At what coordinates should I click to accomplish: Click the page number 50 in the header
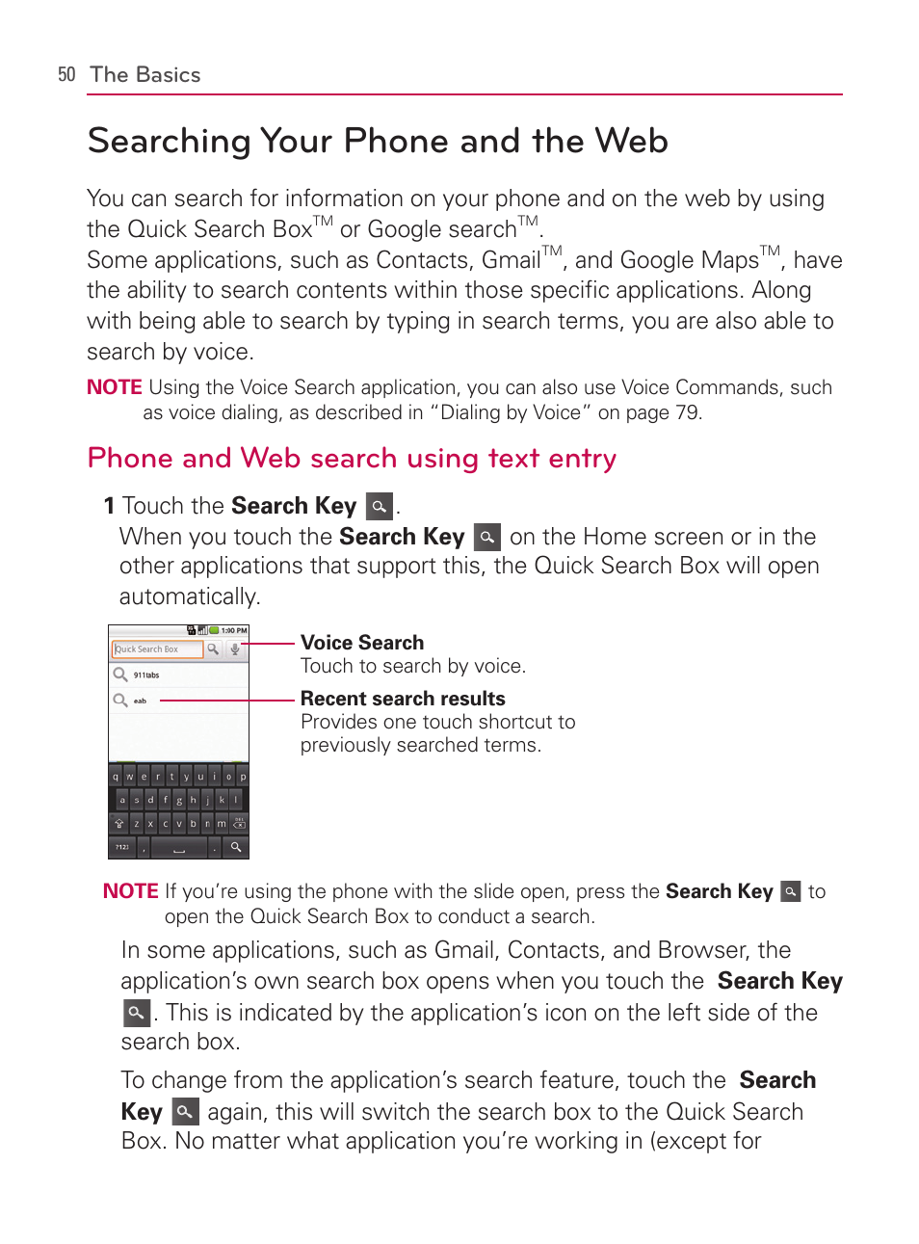pos(66,75)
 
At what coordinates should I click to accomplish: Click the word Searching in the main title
pos(169,142)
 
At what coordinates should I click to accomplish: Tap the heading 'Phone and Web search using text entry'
pos(352,458)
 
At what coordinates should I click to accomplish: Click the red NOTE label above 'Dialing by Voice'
pos(114,387)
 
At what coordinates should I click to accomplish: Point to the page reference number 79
pos(686,412)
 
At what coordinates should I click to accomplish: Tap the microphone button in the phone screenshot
pos(234,649)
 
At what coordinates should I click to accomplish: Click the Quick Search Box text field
pos(157,649)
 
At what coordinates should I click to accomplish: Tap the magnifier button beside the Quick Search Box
pos(213,649)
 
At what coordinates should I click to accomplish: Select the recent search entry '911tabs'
pos(146,675)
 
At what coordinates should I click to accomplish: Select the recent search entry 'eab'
pos(140,701)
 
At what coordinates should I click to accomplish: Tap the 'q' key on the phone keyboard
pos(116,777)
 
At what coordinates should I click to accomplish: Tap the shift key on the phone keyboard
pos(119,824)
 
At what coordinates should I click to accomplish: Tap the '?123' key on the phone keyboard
pos(122,848)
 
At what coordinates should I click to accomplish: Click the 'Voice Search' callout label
pos(362,643)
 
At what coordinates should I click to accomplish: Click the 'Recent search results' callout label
pos(403,699)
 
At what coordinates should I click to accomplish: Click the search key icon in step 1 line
pos(380,506)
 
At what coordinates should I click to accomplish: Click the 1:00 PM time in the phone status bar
pos(234,631)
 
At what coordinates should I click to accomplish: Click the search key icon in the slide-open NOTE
pos(790,891)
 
